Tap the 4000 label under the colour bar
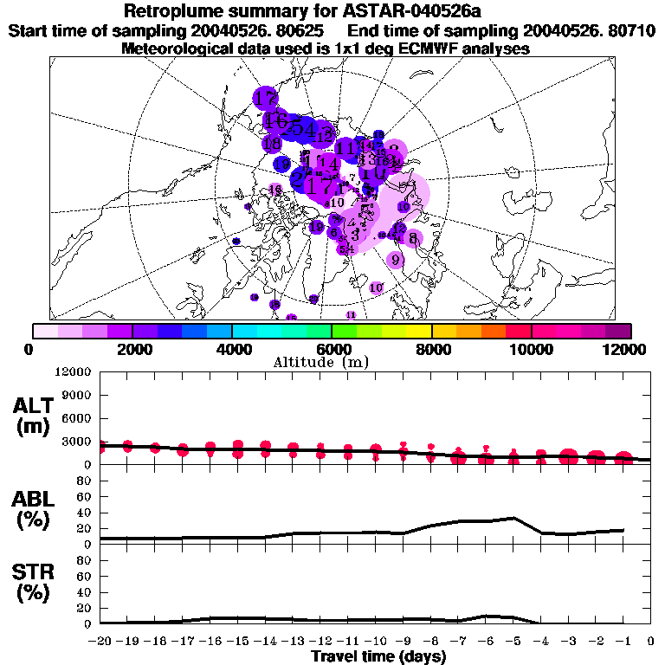232,349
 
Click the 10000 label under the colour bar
531,349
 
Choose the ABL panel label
32,510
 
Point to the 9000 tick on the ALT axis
76,395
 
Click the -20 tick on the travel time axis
100,642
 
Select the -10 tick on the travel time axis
376,642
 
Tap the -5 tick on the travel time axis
513,642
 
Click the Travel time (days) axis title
378,656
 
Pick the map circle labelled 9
396,259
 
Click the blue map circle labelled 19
282,164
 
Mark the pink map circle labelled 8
412,238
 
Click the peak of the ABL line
514,518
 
